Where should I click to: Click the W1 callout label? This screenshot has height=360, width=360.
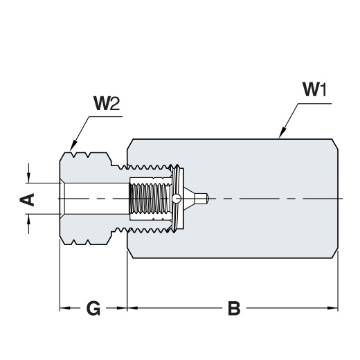click(x=314, y=89)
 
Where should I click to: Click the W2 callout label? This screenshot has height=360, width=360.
click(x=107, y=103)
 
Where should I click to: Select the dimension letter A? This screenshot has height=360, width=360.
click(x=27, y=199)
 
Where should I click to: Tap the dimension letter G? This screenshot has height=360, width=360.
click(x=93, y=308)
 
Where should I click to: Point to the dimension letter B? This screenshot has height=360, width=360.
click(x=234, y=308)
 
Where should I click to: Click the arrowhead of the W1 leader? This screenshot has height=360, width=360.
click(x=282, y=133)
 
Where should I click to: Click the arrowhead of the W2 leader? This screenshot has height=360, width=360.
click(x=73, y=146)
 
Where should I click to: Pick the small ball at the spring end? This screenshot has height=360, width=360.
click(x=177, y=199)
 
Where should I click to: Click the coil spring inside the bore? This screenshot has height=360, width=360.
click(x=150, y=199)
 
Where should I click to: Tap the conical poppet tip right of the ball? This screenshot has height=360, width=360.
click(x=189, y=199)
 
